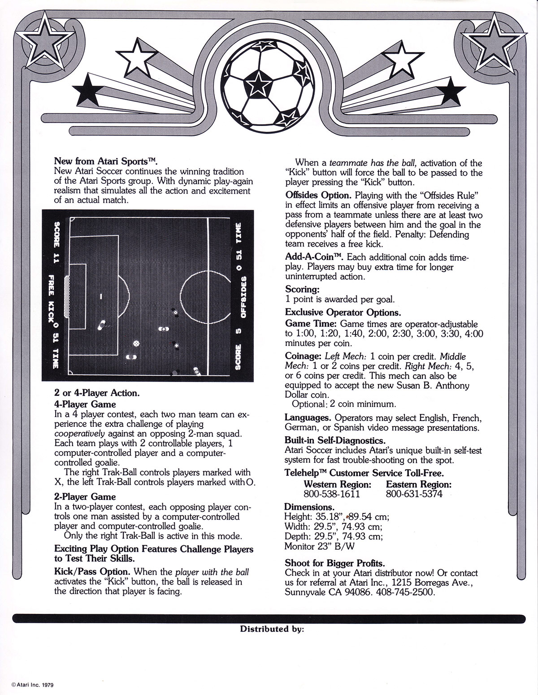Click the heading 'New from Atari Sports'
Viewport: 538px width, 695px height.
click(106, 161)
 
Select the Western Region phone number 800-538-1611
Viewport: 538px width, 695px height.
click(331, 494)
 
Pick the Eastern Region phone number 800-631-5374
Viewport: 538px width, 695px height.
click(414, 494)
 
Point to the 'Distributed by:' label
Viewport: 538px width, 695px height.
click(272, 629)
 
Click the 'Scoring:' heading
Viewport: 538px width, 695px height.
click(302, 290)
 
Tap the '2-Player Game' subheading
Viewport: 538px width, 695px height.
click(85, 497)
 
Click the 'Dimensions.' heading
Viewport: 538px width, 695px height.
click(309, 507)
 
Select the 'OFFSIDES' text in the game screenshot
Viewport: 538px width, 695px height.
click(243, 297)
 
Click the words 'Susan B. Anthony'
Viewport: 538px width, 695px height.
click(433, 386)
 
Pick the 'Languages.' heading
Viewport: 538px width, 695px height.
click(308, 418)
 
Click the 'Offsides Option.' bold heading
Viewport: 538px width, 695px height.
click(318, 195)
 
